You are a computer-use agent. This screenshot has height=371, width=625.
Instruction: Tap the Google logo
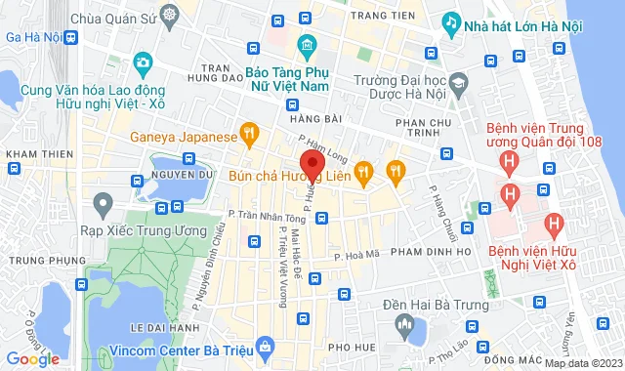coord(31,359)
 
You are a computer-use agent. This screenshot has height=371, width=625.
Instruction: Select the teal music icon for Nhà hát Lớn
coord(451,21)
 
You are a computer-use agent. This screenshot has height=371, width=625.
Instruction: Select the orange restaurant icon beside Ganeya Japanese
coord(250,132)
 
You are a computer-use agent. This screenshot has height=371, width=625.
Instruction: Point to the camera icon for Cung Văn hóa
coord(143,64)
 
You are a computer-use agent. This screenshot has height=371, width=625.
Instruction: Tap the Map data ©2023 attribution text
coord(582,364)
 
